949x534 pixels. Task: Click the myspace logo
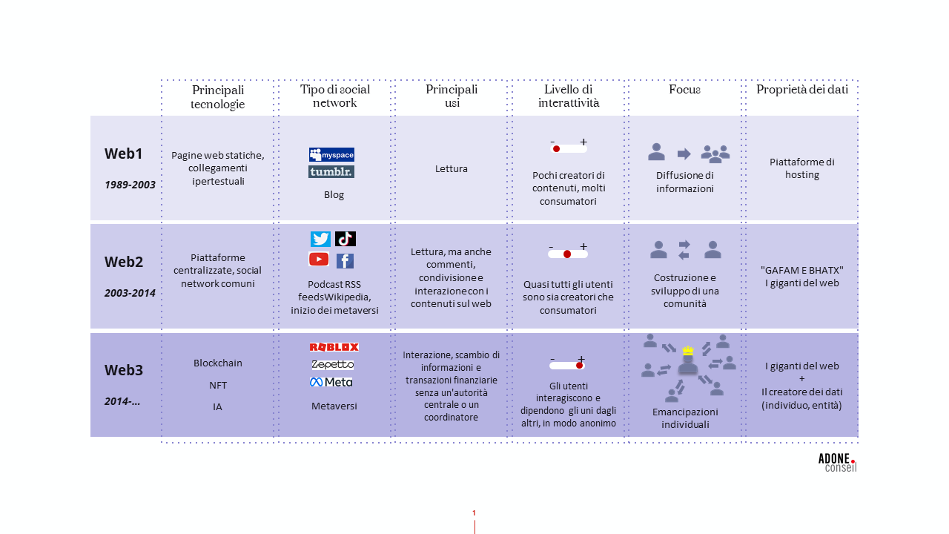pyautogui.click(x=331, y=154)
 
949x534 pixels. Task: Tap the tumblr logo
pyautogui.click(x=331, y=171)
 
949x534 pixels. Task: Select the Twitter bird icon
pyautogui.click(x=320, y=239)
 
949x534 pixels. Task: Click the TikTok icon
pyautogui.click(x=345, y=239)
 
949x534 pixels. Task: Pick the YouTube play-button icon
pyautogui.click(x=319, y=259)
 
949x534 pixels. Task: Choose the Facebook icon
pyautogui.click(x=345, y=260)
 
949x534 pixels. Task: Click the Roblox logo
pyautogui.click(x=334, y=347)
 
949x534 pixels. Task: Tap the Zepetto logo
pyautogui.click(x=332, y=365)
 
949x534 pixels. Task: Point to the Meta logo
pyautogui.click(x=331, y=382)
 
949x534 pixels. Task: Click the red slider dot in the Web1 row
pyautogui.click(x=556, y=149)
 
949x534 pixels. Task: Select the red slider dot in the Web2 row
pyautogui.click(x=567, y=254)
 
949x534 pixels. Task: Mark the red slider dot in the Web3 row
pyautogui.click(x=579, y=365)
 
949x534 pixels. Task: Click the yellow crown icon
pyautogui.click(x=687, y=350)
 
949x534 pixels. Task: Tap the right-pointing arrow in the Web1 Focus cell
pyautogui.click(x=684, y=154)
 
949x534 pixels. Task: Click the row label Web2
pyautogui.click(x=123, y=262)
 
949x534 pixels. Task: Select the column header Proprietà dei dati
pyautogui.click(x=801, y=90)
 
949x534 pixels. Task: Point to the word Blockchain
pyautogui.click(x=218, y=363)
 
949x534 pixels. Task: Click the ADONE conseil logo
pyautogui.click(x=837, y=463)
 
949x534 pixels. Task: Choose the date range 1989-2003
pyautogui.click(x=130, y=185)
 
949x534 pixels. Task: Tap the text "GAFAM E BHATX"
pyautogui.click(x=802, y=270)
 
